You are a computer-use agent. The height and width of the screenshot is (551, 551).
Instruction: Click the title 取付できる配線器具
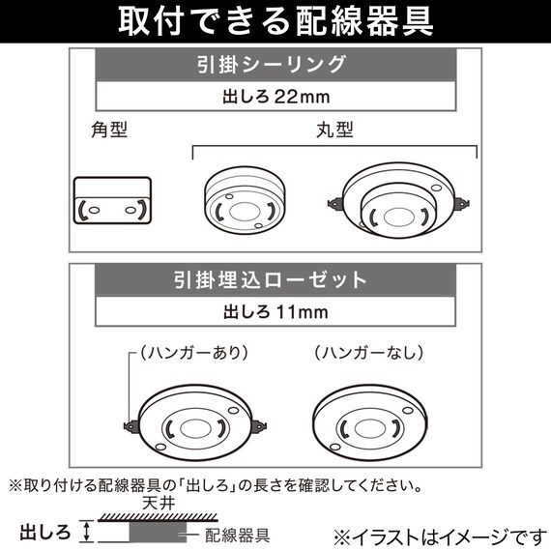pos(275,21)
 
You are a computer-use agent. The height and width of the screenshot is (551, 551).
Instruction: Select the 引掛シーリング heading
pos(276,67)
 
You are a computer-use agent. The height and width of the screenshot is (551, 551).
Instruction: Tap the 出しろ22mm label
pos(276,96)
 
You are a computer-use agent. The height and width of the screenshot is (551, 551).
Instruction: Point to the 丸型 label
pos(333,128)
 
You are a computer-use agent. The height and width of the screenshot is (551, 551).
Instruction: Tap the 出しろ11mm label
pos(276,311)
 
